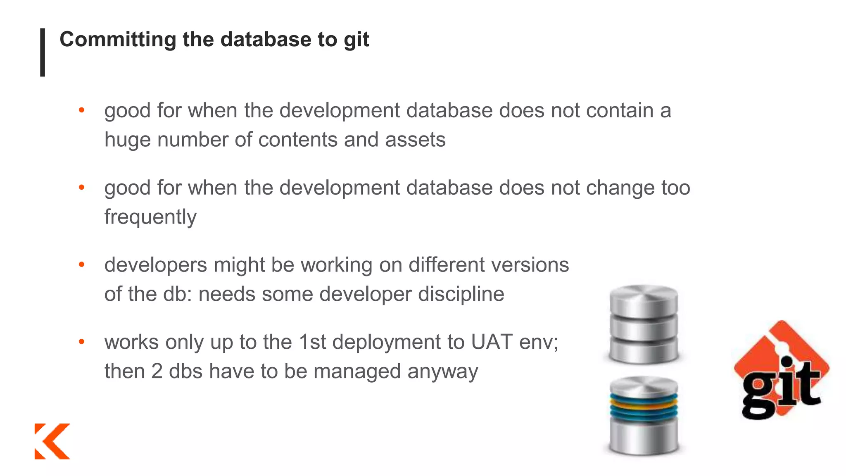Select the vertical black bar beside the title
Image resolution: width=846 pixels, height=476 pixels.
(43, 52)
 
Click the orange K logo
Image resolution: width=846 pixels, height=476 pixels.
(52, 441)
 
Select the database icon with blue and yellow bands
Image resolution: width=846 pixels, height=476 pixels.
(644, 415)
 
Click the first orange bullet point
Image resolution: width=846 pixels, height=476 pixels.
(82, 110)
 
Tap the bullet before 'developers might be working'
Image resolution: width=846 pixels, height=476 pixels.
(82, 264)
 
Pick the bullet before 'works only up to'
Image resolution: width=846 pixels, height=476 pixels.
(82, 342)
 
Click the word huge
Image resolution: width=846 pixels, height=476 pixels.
(127, 140)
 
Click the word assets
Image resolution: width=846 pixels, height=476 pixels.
(415, 140)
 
